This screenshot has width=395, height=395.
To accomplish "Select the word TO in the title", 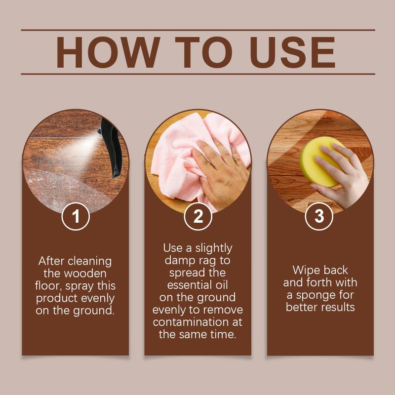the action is [203, 52].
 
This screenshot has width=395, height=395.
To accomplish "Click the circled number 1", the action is [76, 216].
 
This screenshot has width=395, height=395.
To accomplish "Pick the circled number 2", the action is [198, 216].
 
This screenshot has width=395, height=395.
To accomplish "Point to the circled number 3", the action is [319, 216].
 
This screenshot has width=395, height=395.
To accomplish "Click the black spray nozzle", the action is [111, 147].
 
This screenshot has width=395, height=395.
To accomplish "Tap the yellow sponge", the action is [321, 161].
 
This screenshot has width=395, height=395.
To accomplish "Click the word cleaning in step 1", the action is [89, 262].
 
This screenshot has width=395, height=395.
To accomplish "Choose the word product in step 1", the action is [57, 299].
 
